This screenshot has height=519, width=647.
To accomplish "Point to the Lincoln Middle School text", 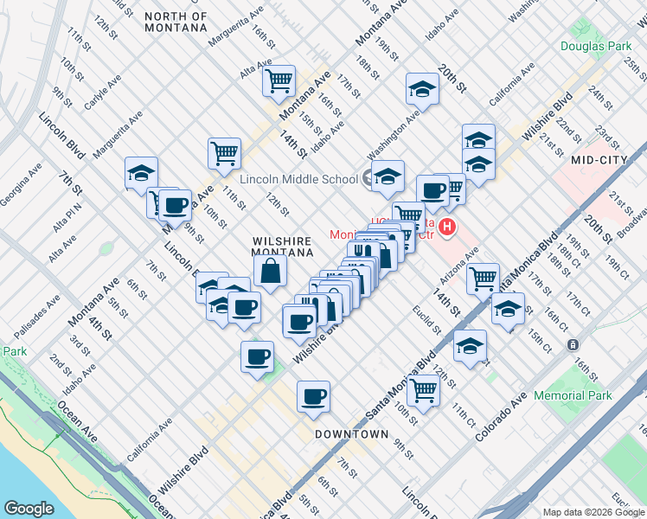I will point(298,179).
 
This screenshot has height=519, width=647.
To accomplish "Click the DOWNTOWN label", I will point(351,433).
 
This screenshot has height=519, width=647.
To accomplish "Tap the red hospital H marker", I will point(447,228).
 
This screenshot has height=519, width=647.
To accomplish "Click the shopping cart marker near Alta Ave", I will point(279,81).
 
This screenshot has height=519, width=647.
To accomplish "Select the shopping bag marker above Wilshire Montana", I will point(271,272).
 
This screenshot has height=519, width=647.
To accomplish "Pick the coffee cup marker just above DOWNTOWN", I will point(313,397).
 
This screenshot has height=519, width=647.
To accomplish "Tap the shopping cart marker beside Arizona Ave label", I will point(483,279).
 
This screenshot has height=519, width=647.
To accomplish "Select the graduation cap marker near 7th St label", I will point(141,172).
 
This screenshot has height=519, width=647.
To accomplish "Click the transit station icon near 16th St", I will point(573,344).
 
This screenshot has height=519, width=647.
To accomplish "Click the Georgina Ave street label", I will point(22,184).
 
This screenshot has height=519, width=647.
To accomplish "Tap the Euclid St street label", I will point(427,318).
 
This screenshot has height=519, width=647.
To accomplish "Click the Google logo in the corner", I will point(29,509).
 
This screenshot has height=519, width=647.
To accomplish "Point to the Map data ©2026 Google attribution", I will point(593,512).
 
